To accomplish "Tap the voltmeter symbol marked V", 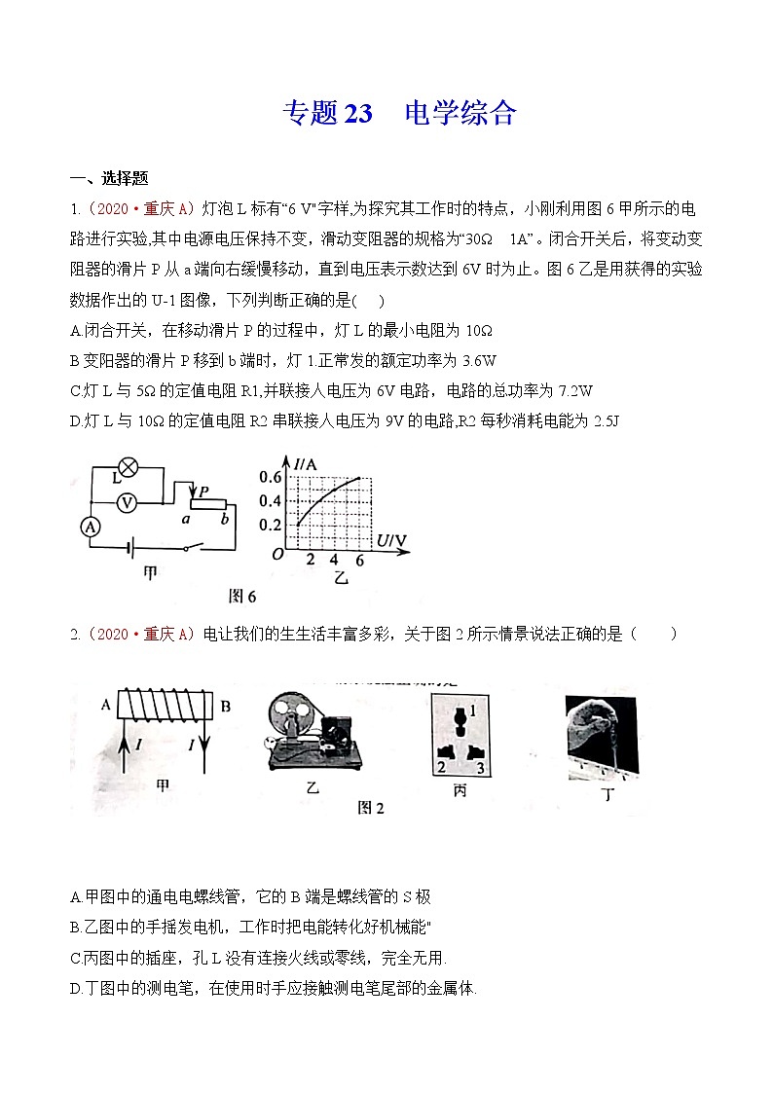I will coord(125,502).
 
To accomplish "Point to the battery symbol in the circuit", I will coord(129,547).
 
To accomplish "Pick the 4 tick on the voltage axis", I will coord(334,560).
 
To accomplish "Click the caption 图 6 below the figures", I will coord(240,596).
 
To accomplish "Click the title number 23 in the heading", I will coord(357,114).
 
